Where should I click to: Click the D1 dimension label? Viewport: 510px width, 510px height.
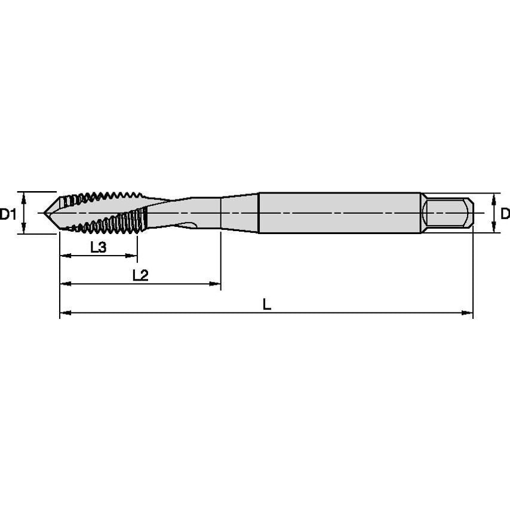pos(8,214)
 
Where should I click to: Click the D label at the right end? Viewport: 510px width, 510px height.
pos(505,213)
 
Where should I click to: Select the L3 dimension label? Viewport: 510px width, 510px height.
pos(99,247)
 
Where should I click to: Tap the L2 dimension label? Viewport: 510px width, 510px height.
pos(140,275)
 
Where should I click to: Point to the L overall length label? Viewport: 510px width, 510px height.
pos(267,304)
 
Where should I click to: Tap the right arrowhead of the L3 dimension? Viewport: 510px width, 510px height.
pos(133,256)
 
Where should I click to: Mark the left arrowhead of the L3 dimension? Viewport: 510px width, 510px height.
pos(64,256)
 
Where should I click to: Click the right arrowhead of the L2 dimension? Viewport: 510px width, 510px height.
pos(216,284)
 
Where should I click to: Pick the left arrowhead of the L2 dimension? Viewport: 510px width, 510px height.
pos(64,284)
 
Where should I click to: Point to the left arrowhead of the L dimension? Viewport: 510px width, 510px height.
pos(64,312)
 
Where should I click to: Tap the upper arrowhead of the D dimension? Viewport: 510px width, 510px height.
pos(494,198)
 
